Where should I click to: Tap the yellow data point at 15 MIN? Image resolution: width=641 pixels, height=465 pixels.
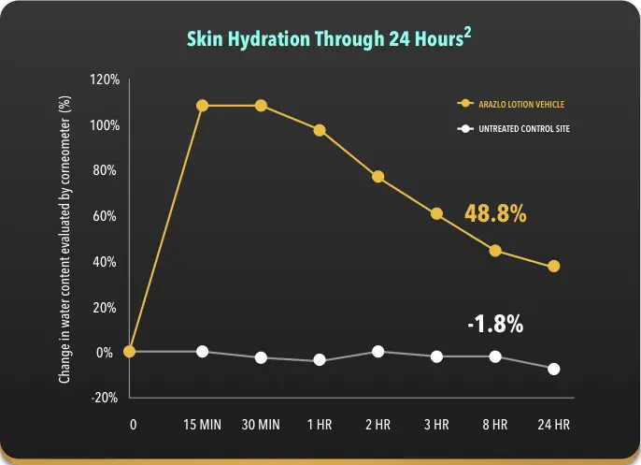(x=202, y=106)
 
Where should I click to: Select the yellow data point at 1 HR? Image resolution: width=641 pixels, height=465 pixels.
(x=320, y=130)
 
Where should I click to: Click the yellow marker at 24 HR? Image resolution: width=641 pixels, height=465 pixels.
(x=554, y=267)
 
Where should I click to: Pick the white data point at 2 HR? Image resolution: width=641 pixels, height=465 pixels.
(x=378, y=352)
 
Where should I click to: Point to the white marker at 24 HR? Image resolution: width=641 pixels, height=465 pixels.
(x=554, y=369)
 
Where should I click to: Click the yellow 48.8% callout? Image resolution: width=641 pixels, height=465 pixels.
(x=495, y=213)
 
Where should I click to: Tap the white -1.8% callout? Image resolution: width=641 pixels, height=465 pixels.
(x=495, y=325)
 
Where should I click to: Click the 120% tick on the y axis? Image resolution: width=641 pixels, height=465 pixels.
(x=105, y=80)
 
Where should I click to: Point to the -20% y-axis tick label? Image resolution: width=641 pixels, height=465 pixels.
(x=106, y=398)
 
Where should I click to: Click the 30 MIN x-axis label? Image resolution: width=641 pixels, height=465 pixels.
(x=261, y=425)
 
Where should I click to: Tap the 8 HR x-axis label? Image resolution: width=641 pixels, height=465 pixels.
(x=495, y=425)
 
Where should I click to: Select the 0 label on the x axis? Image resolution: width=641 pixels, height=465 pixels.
(x=133, y=425)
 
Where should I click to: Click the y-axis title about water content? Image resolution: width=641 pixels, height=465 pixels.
(x=65, y=239)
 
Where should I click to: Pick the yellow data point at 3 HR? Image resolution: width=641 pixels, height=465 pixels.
(x=436, y=214)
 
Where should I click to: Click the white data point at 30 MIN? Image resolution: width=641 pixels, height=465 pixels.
(x=261, y=357)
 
